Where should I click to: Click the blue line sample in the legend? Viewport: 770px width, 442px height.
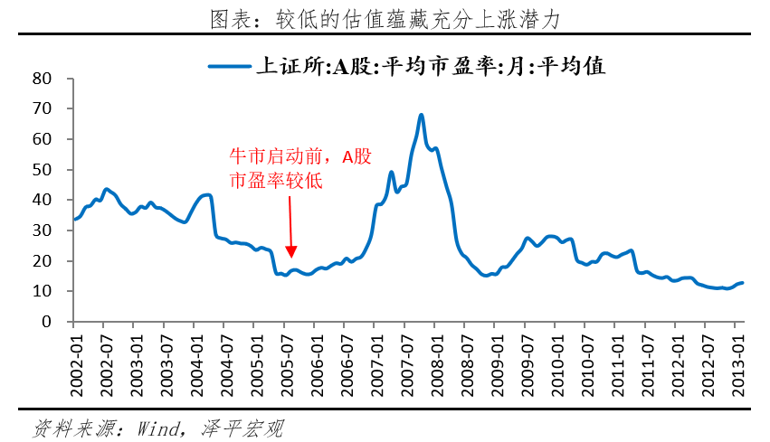pos(230,66)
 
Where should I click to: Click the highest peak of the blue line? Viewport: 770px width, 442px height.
pos(422,115)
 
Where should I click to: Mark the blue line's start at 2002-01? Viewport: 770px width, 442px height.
pos(74,219)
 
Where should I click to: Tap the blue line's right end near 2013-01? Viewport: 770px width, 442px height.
pos(742,283)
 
